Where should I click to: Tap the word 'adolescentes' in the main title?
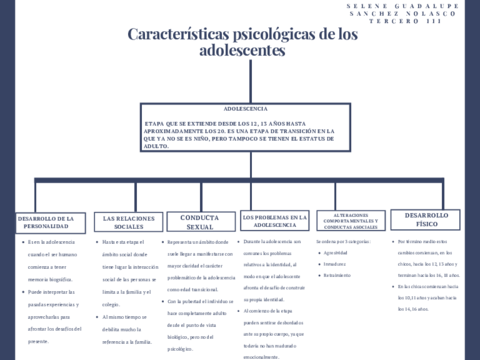point(241,49)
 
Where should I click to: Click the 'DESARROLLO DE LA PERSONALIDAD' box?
point(46,221)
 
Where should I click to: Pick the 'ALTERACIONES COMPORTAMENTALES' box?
point(350,219)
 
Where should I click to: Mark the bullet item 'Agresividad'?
point(338,253)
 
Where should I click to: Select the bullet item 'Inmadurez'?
point(336,264)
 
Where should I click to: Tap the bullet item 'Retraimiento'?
point(338,275)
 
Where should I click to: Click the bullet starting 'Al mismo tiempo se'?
point(130,314)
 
